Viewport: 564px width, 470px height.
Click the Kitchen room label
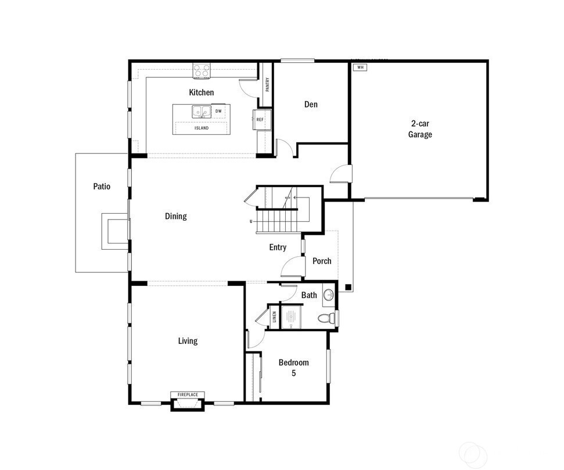click(x=202, y=92)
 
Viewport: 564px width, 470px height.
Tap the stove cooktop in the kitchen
click(x=202, y=71)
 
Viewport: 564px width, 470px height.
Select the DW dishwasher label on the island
click(x=218, y=111)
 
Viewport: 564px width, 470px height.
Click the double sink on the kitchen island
click(x=201, y=112)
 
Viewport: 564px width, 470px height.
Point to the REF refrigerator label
click(x=260, y=120)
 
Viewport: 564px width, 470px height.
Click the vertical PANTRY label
click(x=267, y=85)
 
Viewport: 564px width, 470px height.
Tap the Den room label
click(x=311, y=105)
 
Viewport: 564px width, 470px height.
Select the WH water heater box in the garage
click(x=360, y=67)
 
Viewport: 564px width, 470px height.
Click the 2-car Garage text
click(x=420, y=129)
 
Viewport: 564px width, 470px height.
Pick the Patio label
click(x=102, y=186)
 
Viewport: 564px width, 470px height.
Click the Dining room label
click(x=176, y=216)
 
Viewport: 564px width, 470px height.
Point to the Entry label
click(x=278, y=247)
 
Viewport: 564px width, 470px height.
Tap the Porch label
click(x=322, y=261)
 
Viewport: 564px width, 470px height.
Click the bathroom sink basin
click(x=328, y=296)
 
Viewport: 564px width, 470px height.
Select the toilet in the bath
click(x=326, y=318)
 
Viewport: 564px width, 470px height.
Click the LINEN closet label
click(x=274, y=317)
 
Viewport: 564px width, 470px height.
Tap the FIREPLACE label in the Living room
click(x=188, y=395)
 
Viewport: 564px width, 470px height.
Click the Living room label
click(x=188, y=341)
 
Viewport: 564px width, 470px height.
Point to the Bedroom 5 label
click(x=293, y=367)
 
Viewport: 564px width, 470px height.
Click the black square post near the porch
click(x=348, y=287)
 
